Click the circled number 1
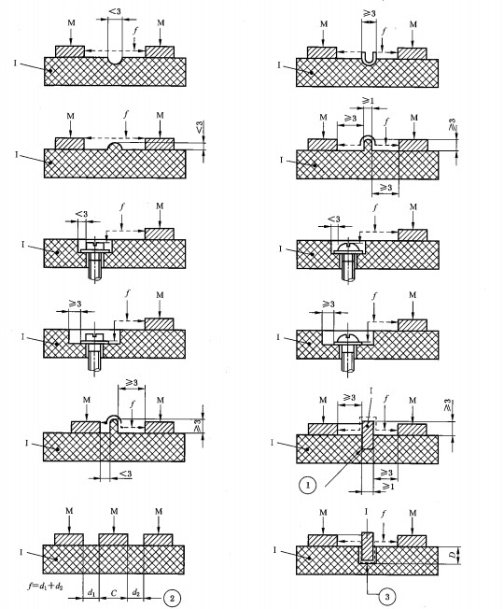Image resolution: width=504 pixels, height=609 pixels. (x=308, y=485)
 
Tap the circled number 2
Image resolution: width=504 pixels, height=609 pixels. (x=173, y=598)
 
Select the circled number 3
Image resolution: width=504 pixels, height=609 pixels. (x=386, y=596)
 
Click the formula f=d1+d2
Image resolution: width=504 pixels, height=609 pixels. (x=45, y=586)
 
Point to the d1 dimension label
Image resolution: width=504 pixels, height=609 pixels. (x=91, y=593)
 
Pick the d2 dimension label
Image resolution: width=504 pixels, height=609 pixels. (x=135, y=593)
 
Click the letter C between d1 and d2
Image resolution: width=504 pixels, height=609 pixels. (x=113, y=593)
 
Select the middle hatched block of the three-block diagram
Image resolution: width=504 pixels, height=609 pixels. (x=113, y=540)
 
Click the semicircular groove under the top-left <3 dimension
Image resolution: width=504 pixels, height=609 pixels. (x=115, y=61)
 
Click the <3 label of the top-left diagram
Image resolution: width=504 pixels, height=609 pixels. (x=115, y=11)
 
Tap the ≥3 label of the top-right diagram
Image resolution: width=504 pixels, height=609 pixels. (x=369, y=13)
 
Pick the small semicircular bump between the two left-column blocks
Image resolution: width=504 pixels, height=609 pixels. (x=115, y=146)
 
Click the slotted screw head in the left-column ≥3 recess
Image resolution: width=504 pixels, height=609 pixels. (x=95, y=336)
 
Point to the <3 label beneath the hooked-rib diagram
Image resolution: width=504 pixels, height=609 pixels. (x=125, y=474)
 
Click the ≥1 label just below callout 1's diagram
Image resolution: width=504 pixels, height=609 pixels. (x=387, y=486)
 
